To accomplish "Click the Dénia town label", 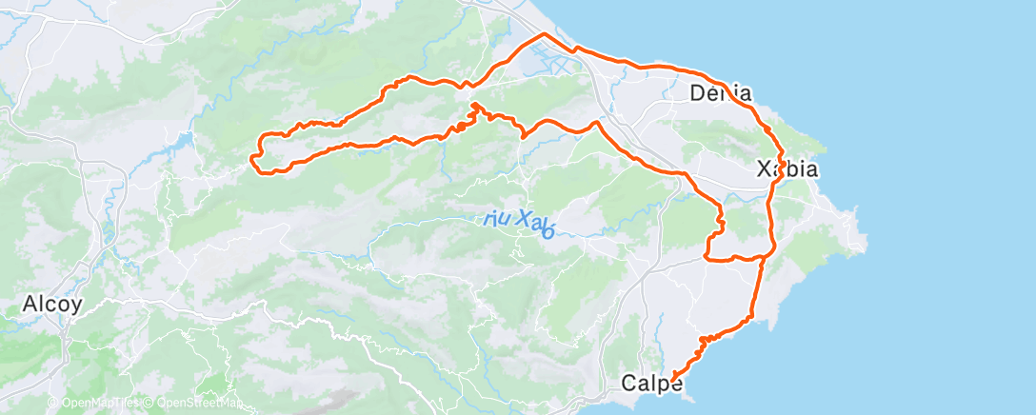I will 720,93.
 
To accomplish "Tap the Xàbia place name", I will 787,169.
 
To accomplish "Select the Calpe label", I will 651,384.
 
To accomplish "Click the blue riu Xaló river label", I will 519,221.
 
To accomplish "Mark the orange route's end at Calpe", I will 673,378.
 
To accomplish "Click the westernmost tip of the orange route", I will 253,157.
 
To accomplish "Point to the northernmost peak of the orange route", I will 544,34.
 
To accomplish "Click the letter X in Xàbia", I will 763,169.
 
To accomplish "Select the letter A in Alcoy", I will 28,305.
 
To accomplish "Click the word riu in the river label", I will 496,218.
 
